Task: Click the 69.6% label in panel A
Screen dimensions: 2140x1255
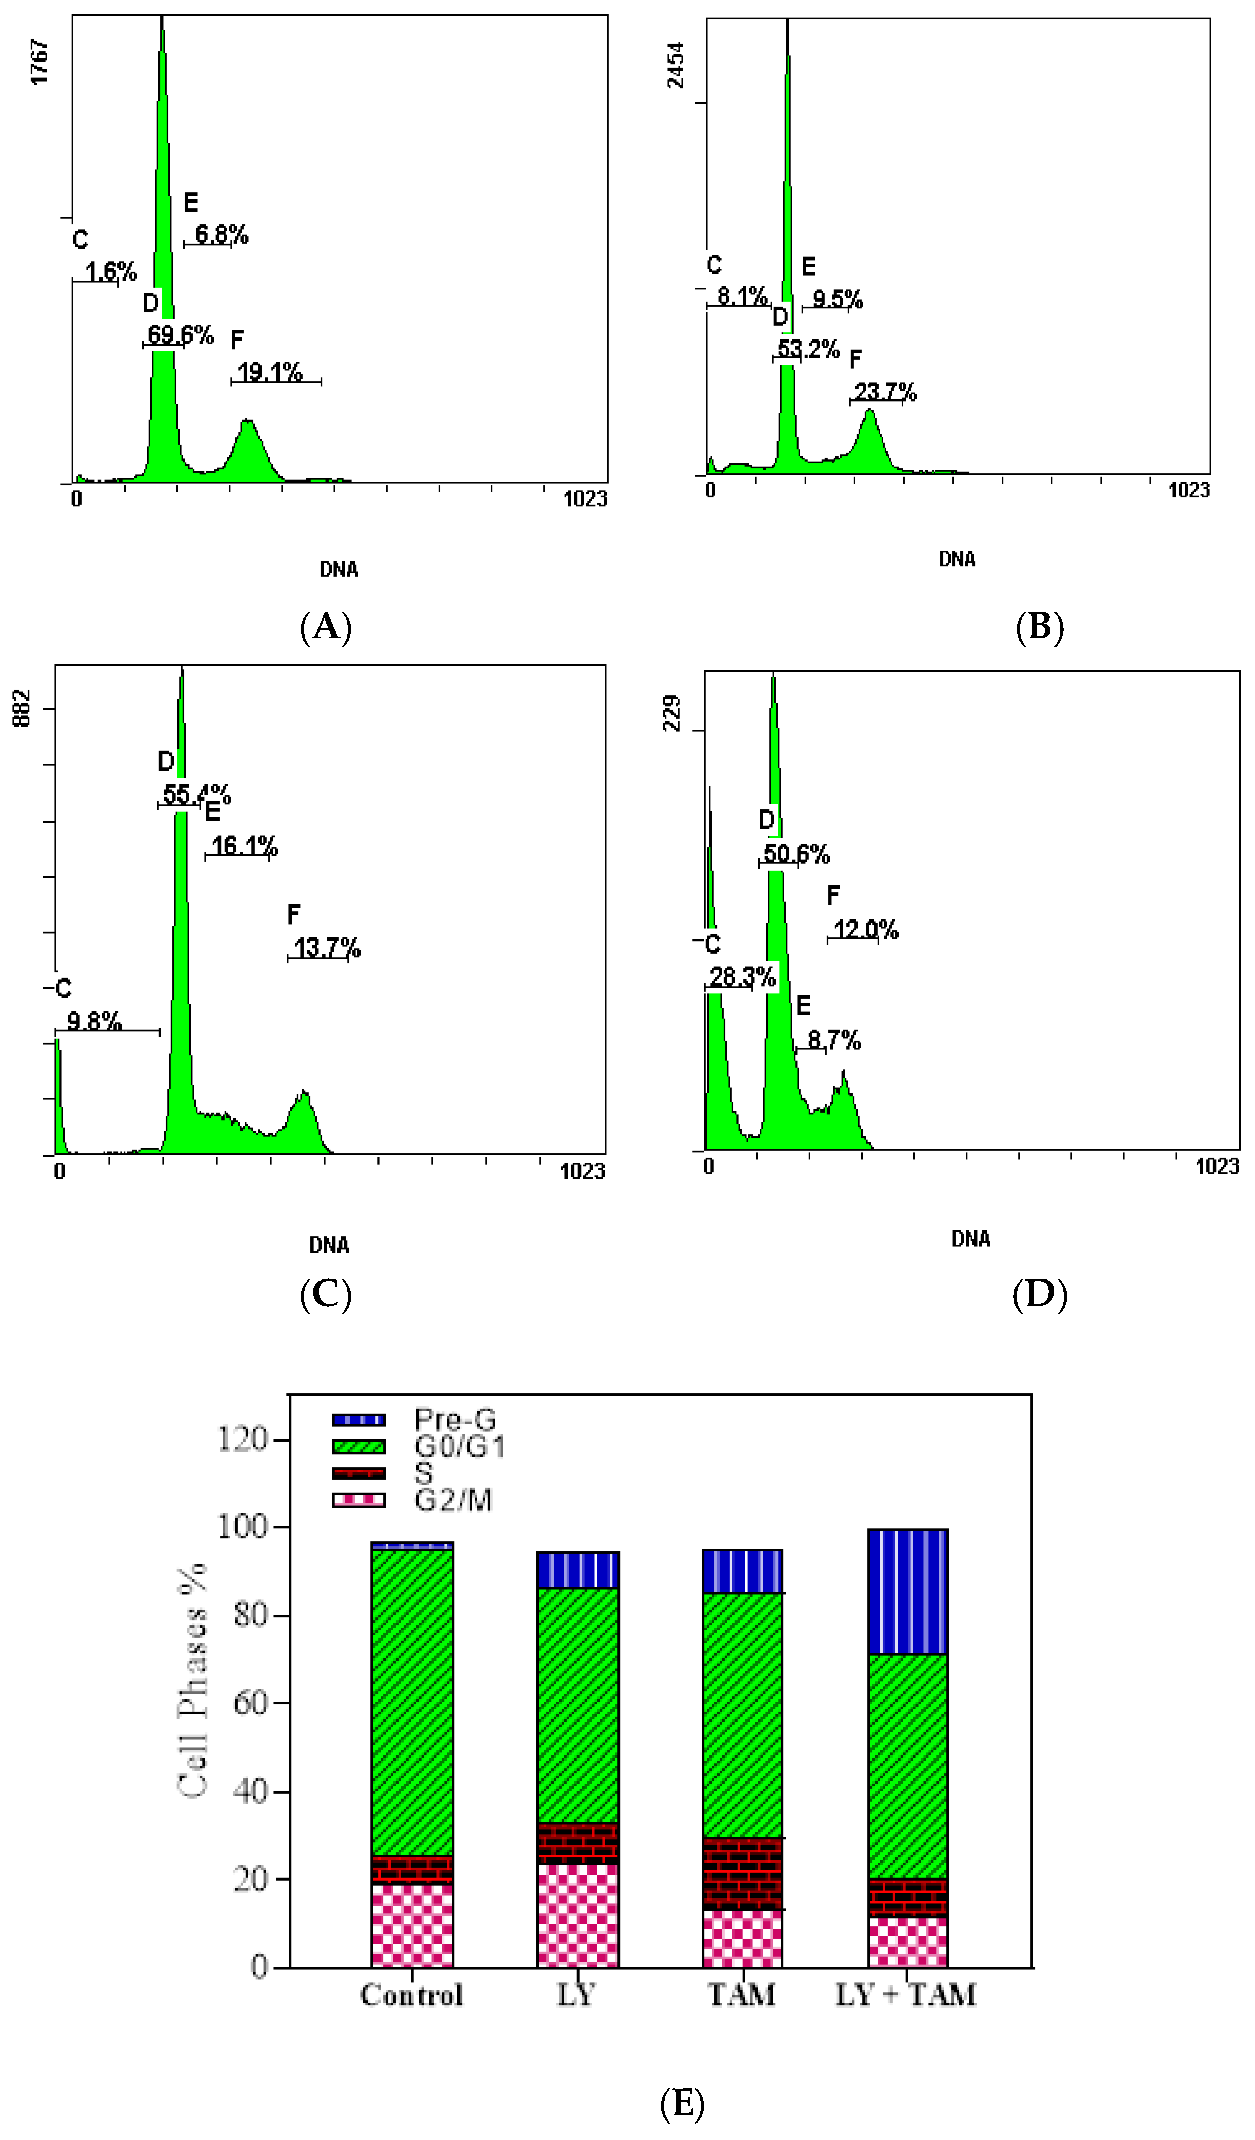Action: [x=180, y=334]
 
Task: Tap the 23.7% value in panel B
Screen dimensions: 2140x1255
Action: [x=885, y=391]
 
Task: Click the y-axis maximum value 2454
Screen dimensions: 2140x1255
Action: [x=675, y=66]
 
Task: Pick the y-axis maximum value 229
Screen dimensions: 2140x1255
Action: [x=672, y=713]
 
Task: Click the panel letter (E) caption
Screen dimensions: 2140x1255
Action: [x=682, y=2104]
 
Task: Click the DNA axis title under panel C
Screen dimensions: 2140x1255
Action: [x=329, y=1246]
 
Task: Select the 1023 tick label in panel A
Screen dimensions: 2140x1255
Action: [x=585, y=498]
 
